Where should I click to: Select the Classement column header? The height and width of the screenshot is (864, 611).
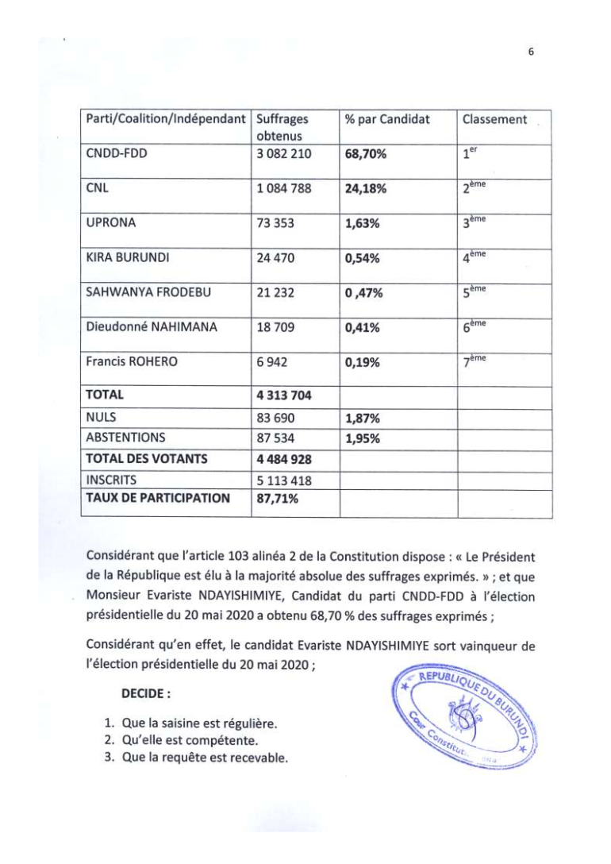tap(494, 120)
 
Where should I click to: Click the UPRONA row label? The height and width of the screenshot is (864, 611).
tap(110, 223)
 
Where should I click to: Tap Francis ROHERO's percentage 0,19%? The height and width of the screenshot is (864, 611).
tap(362, 363)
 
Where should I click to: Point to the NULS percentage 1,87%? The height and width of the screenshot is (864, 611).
tap(362, 415)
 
